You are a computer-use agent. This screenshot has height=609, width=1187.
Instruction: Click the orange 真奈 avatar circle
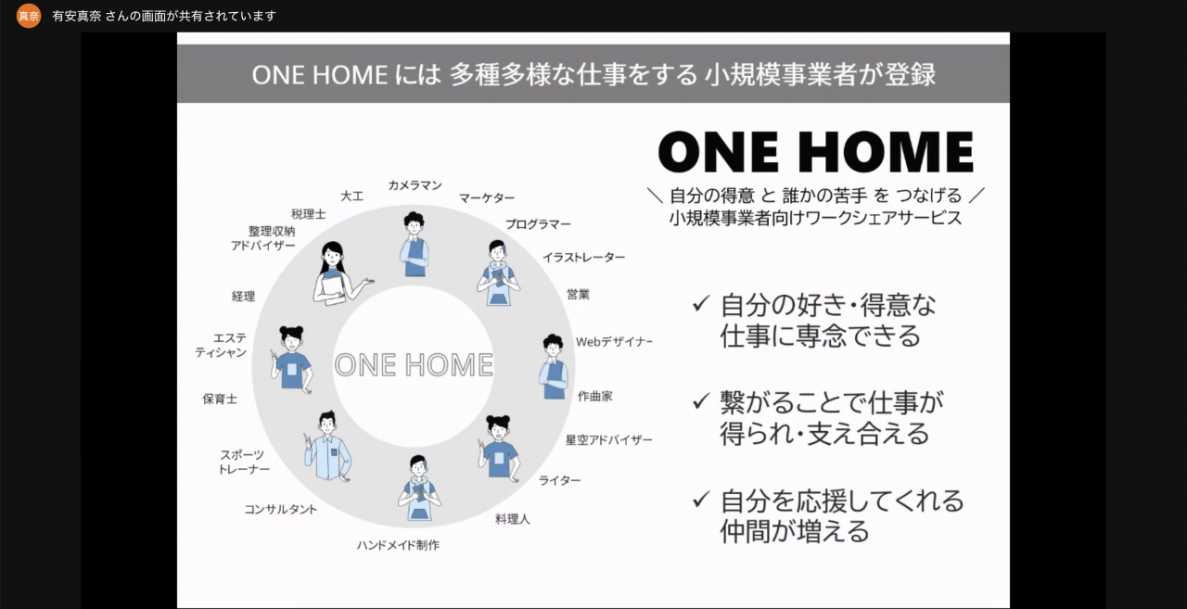pos(29,16)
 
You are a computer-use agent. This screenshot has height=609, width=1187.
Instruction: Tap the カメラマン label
pos(415,184)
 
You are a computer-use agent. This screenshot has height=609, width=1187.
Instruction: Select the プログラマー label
pos(538,224)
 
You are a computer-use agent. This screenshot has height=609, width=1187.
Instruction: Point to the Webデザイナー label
pos(614,341)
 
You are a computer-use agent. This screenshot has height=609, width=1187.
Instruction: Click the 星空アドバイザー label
pos(609,439)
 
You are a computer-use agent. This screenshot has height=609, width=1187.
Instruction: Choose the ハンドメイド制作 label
pos(398,545)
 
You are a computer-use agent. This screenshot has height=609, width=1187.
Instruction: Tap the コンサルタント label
pos(280,509)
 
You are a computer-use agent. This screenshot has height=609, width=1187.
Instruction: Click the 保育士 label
pos(220,399)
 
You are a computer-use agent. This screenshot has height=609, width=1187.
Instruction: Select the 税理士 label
pos(309,214)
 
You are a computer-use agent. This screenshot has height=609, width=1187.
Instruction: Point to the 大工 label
pos(351,196)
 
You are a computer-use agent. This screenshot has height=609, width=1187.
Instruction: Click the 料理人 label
pos(513,519)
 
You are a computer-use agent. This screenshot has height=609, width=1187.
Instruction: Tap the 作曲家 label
pos(595,396)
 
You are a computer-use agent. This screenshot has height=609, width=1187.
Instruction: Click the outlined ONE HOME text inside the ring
pos(414,365)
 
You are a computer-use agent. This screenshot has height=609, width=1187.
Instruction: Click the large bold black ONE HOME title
pos(816,153)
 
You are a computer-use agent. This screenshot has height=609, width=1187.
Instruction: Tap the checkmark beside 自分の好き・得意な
pos(700,303)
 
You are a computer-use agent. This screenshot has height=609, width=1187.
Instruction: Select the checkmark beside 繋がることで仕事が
pos(700,400)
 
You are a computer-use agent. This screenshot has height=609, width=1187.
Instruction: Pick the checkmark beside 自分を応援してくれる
pos(700,499)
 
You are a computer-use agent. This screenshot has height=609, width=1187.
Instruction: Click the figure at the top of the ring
pos(414,244)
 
